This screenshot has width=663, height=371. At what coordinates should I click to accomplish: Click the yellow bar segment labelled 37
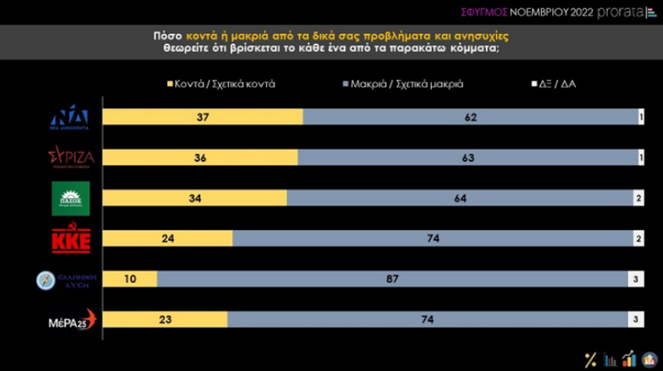[x=202, y=117]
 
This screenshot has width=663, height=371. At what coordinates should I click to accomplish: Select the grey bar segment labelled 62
[x=470, y=117]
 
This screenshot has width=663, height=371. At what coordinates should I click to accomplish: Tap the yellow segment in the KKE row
[x=167, y=239]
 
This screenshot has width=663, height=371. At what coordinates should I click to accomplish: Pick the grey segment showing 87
[x=393, y=279]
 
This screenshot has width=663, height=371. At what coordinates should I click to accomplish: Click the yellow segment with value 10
[x=130, y=279]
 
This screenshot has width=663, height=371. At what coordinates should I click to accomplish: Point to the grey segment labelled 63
[x=468, y=157]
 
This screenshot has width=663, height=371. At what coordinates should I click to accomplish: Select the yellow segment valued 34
[x=194, y=198]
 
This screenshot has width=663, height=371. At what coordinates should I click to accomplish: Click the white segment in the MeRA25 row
[x=636, y=320]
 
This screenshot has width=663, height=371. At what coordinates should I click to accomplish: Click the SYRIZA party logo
[x=70, y=158]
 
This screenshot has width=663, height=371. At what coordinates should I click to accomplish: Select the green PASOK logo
[x=70, y=198]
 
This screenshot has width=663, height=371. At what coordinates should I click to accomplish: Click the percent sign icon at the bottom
[x=591, y=360]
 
